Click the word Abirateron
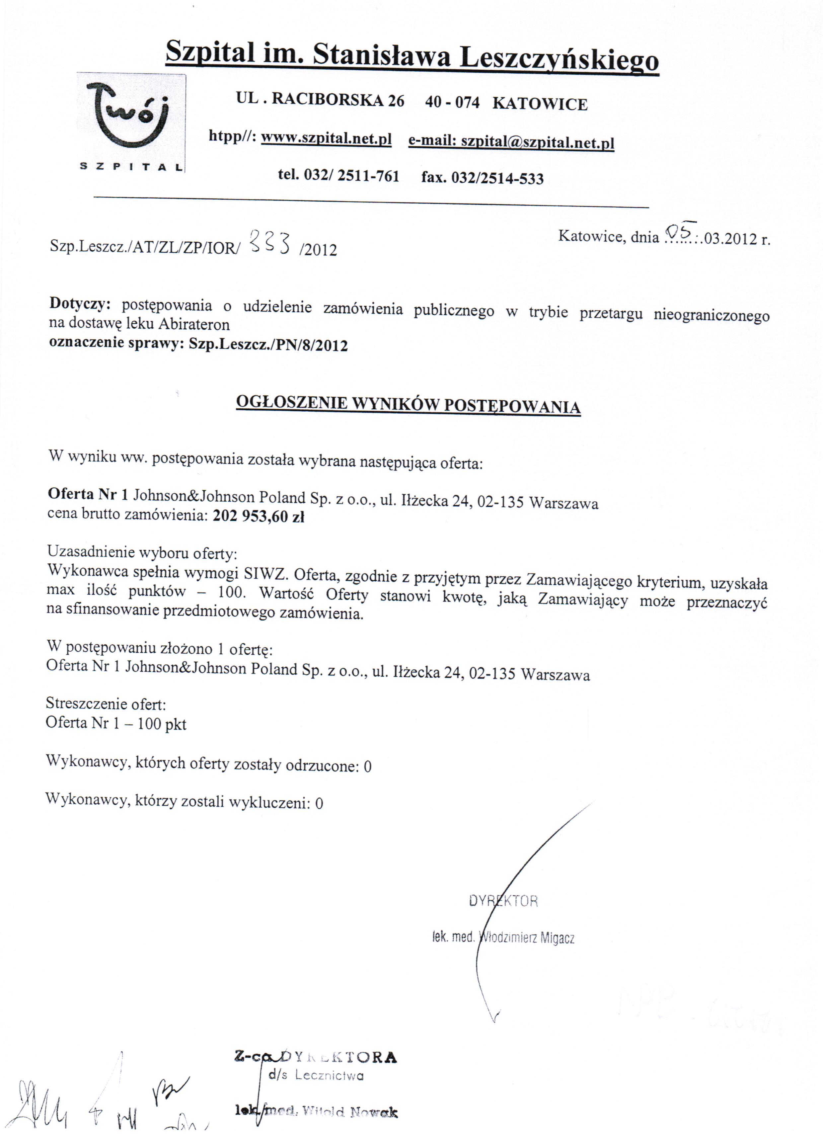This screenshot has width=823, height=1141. coord(194,324)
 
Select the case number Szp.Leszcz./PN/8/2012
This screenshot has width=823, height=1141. coord(268,345)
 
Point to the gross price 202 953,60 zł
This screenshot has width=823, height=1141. coord(259,517)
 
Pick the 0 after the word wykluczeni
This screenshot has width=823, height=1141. coord(319,803)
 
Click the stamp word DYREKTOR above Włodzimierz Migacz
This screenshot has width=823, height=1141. coord(503,901)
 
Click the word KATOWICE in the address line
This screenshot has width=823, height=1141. coord(540,104)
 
